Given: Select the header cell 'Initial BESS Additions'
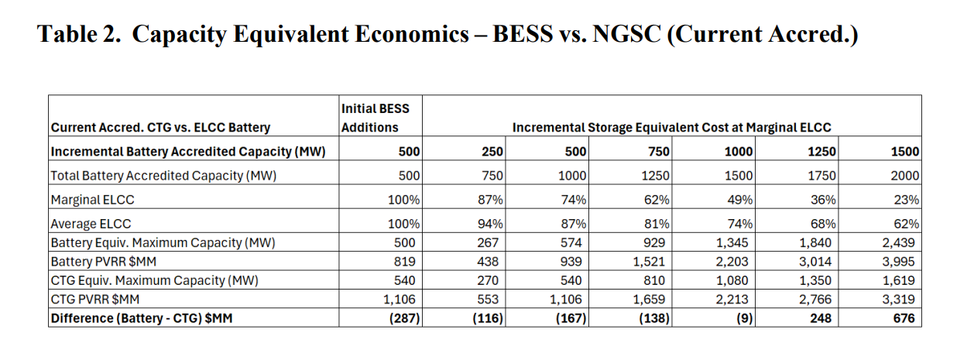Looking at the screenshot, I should [x=376, y=118].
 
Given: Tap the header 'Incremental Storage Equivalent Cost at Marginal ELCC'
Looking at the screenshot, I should [x=671, y=127].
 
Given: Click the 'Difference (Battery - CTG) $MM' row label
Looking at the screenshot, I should [x=142, y=318].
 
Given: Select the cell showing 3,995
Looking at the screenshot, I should [x=901, y=261].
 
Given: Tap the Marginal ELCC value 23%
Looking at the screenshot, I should [x=907, y=200].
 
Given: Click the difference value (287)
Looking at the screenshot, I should [x=403, y=318].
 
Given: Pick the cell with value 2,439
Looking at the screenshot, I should [x=901, y=242].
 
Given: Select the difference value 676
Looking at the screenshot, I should [x=906, y=318].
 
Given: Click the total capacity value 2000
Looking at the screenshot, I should [x=905, y=176].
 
